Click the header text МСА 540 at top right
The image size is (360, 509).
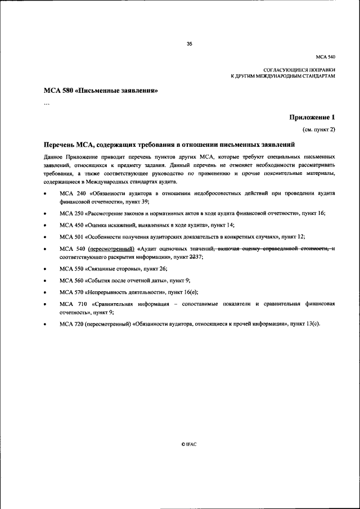325,57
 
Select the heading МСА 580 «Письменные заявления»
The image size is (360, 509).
100,91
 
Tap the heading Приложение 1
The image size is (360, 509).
312,118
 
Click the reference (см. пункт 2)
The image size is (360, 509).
319,129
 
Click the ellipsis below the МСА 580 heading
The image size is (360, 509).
47,103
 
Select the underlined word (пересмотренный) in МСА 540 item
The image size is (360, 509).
111,249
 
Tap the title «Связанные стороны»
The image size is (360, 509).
115,269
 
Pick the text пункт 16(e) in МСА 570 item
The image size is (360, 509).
183,292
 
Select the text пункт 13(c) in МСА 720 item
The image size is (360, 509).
305,323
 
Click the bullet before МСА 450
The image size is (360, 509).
45,225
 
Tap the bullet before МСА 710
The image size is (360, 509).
45,304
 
